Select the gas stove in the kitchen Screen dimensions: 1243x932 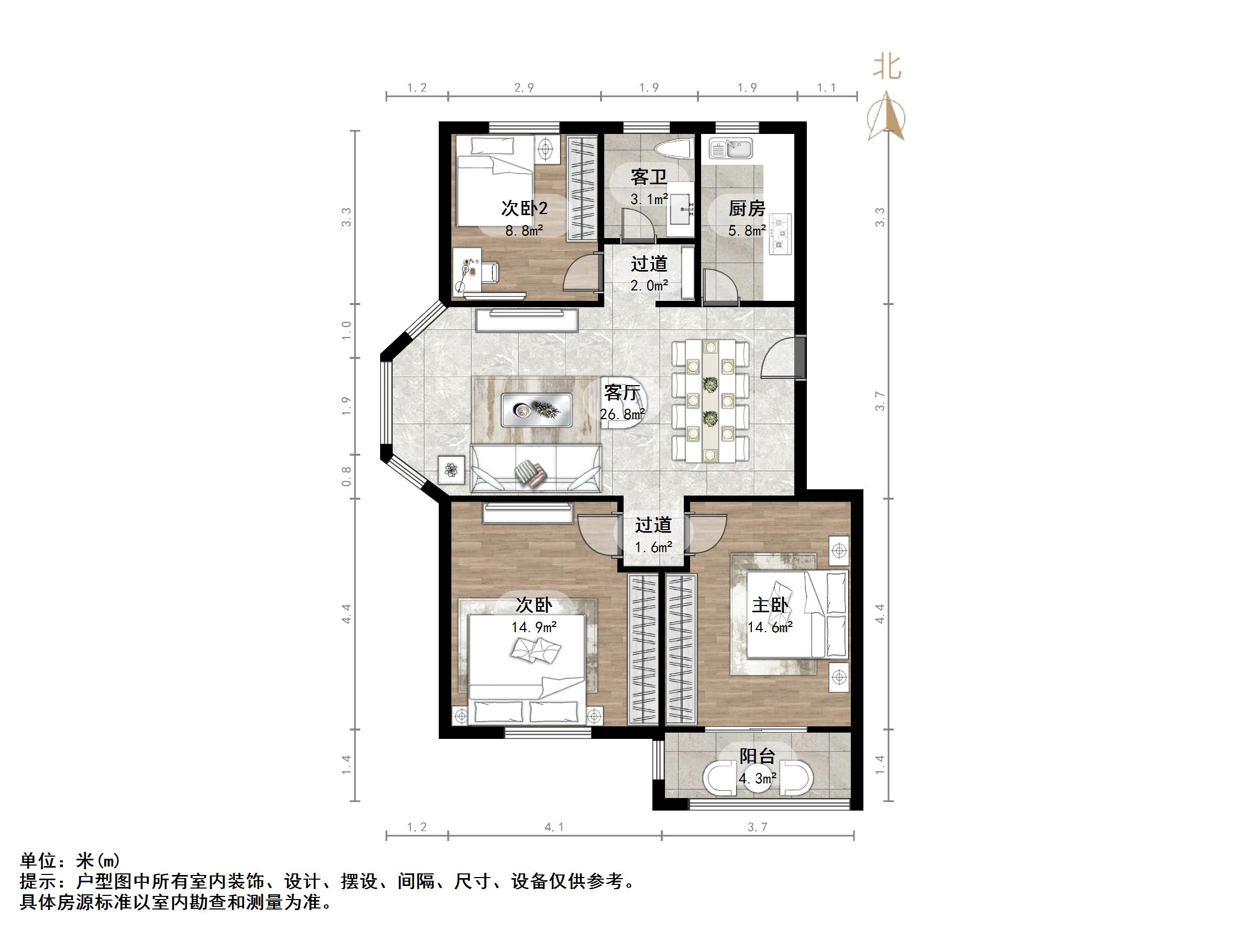[780, 232]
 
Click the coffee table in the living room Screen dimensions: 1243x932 [537, 410]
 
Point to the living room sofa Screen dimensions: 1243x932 [536, 468]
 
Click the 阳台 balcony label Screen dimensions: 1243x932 [757, 756]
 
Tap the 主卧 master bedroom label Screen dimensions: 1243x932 [770, 605]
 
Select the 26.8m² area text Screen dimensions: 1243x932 [622, 414]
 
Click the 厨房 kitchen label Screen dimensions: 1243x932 [747, 208]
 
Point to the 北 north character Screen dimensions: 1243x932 [887, 68]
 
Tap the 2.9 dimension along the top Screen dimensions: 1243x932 [524, 87]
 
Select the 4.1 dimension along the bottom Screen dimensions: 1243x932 [554, 827]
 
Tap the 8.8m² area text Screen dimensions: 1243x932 [524, 230]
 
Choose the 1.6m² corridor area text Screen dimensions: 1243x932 [653, 547]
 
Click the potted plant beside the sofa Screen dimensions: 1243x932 [451, 469]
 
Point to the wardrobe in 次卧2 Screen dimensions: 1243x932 [582, 188]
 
